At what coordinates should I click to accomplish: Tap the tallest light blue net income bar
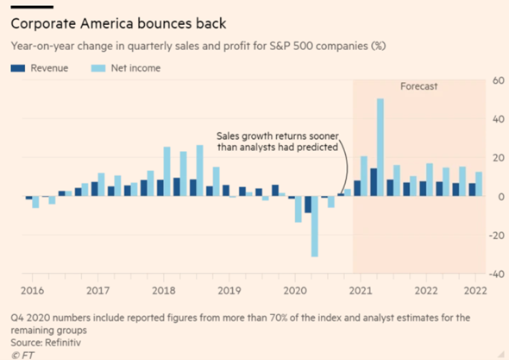click(x=380, y=147)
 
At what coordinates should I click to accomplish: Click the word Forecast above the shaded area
click(x=419, y=88)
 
